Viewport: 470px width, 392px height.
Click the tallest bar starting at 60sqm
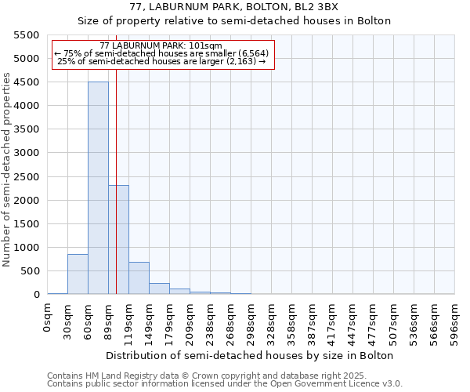point(98,188)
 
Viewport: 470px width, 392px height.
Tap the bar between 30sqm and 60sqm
point(78,274)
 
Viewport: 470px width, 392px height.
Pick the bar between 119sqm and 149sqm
point(139,278)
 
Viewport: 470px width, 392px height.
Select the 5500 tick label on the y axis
point(24,35)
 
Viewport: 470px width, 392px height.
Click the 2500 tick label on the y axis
point(24,176)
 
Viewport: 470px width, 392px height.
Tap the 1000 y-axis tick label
point(24,248)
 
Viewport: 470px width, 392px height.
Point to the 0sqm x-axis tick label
point(48,319)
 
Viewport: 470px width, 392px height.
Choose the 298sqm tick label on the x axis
point(251,323)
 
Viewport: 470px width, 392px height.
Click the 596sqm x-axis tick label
point(455,323)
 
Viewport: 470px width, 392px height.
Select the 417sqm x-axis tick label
point(333,323)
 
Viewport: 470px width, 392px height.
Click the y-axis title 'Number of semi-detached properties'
point(8,169)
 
